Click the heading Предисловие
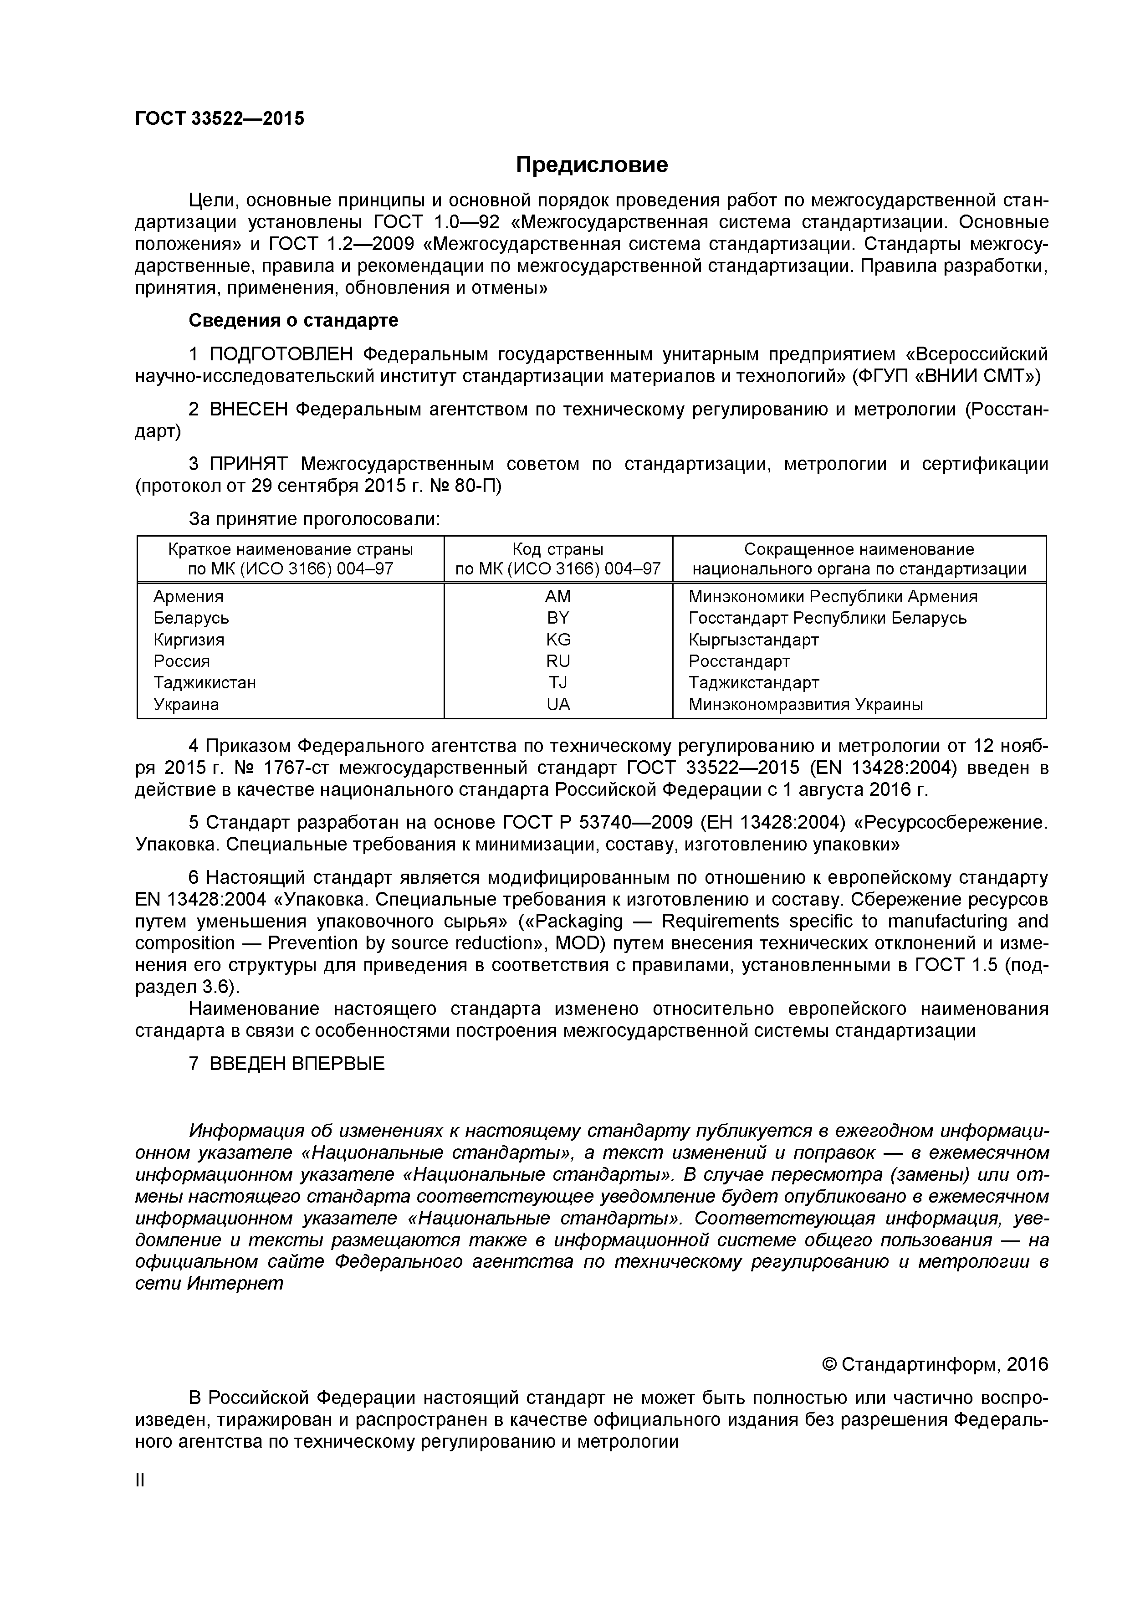pos(592,165)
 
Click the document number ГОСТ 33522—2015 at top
pos(220,118)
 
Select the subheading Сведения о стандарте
pos(294,320)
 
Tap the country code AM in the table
pos(557,596)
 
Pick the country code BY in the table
pos(557,618)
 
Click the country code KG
pos(557,640)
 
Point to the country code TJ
pos(557,683)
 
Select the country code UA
pos(557,704)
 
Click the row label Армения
pos(189,596)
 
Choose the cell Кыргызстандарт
pos(754,640)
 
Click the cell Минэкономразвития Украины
pos(806,704)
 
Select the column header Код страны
pos(557,549)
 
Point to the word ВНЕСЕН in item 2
pos(248,409)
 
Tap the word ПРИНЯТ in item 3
pos(248,464)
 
